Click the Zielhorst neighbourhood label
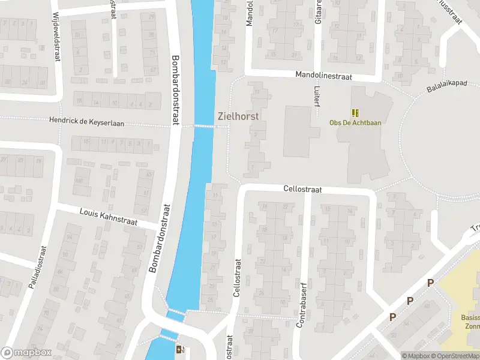238,116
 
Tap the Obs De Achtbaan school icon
355,112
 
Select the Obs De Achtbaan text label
355,123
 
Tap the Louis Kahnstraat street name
109,217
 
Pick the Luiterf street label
316,96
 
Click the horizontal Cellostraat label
302,189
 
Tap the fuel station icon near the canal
179,349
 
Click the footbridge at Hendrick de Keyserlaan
205,126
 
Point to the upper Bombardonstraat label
175,90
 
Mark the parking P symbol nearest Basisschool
430,283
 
